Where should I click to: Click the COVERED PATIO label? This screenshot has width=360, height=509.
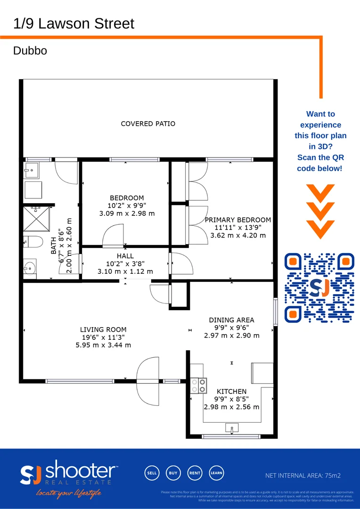point(148,124)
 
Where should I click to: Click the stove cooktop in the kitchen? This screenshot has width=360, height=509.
point(198,386)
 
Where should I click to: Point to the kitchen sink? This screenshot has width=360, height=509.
point(231,428)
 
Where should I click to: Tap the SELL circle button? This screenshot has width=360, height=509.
point(152,473)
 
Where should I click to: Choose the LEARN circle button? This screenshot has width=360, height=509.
point(216,473)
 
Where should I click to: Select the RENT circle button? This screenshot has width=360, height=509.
point(195,473)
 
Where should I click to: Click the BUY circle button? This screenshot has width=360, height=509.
point(173,473)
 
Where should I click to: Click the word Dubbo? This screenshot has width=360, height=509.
point(30,51)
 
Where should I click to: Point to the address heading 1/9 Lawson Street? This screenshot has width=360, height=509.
point(74,24)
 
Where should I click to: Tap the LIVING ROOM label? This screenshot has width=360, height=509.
point(103,329)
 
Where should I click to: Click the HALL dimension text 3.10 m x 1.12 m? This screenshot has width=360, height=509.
point(125,271)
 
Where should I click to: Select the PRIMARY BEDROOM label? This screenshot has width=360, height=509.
point(238,220)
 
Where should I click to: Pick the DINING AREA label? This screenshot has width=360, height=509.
point(232,320)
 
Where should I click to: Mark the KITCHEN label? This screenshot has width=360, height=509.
point(231,392)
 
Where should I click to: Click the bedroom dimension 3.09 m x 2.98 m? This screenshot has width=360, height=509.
point(127,213)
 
